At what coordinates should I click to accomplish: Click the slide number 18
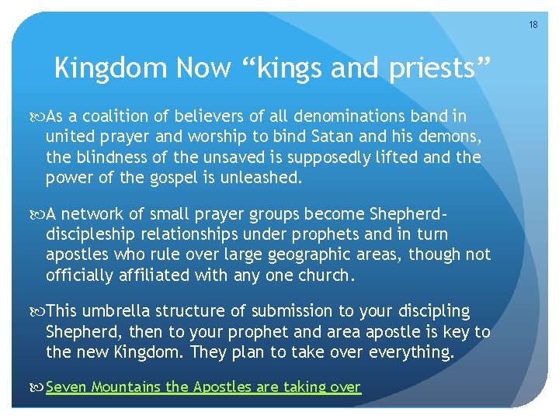point(533,26)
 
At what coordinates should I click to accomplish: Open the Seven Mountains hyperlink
point(203,386)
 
